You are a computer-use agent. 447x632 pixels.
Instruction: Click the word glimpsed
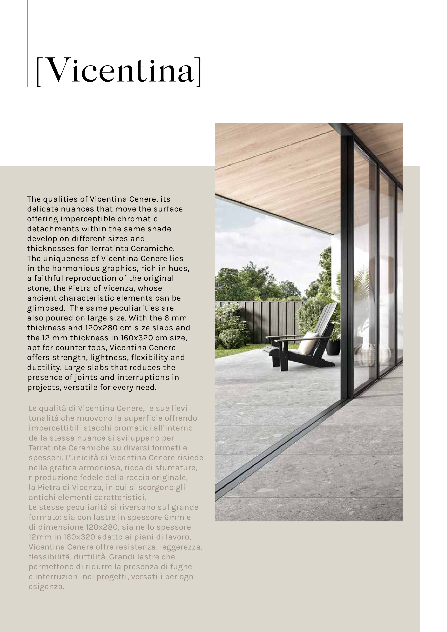click(45, 308)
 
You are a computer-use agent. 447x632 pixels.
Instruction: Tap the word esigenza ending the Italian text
click(46, 587)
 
